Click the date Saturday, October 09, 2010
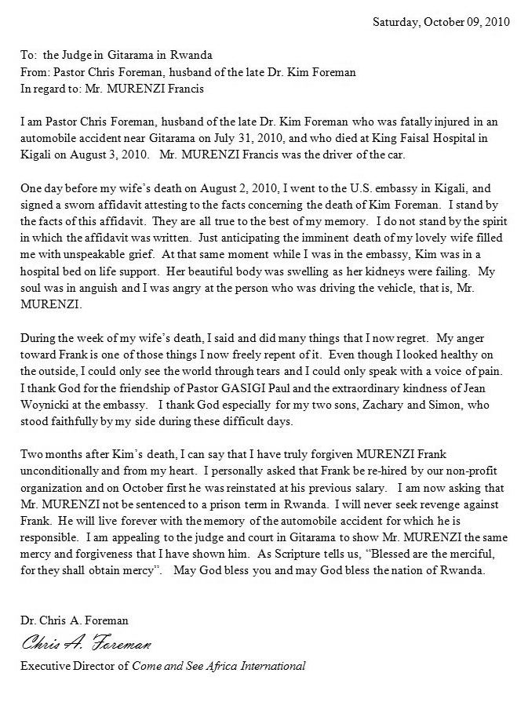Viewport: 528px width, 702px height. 440,22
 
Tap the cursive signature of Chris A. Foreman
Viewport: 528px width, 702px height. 86,644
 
